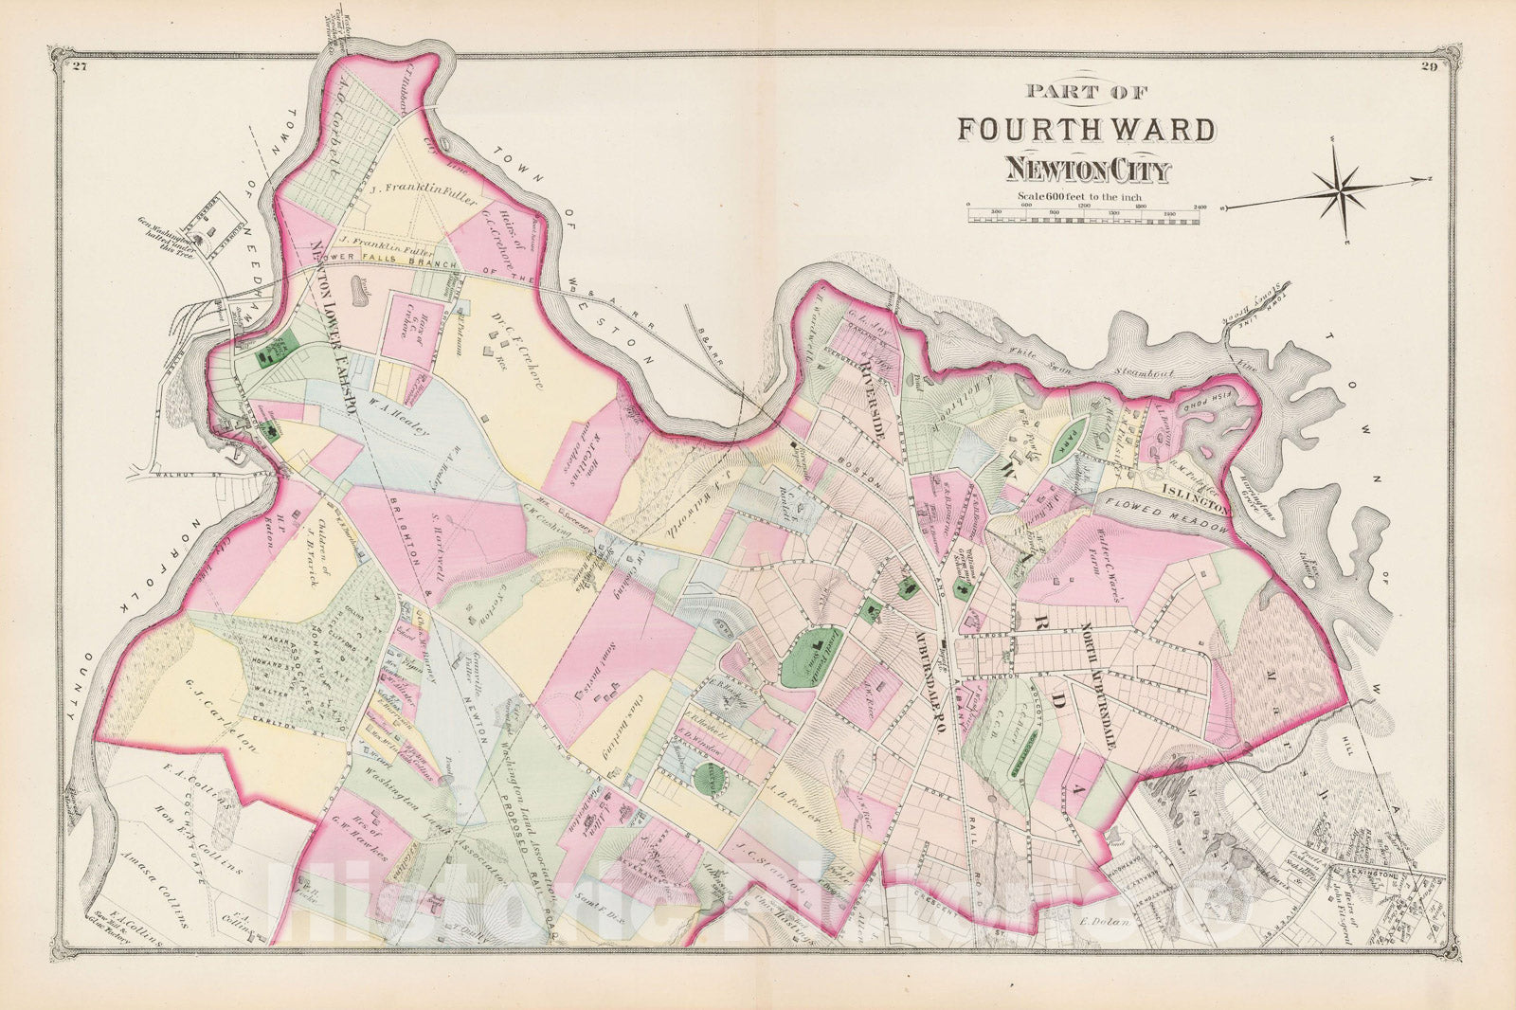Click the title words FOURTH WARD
[x=1085, y=128]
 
